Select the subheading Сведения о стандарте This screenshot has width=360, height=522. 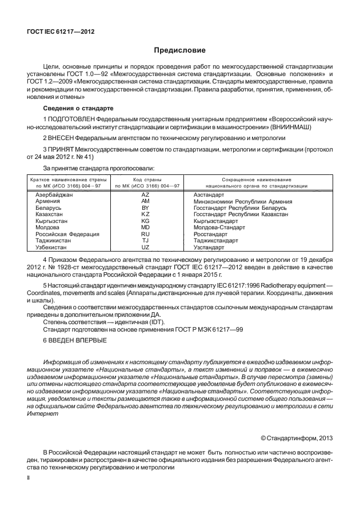coord(78,109)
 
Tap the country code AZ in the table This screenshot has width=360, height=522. coord(145,196)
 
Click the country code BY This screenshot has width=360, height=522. coord(145,209)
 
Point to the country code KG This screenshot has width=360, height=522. coord(145,221)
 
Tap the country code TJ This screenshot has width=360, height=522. coord(145,241)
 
